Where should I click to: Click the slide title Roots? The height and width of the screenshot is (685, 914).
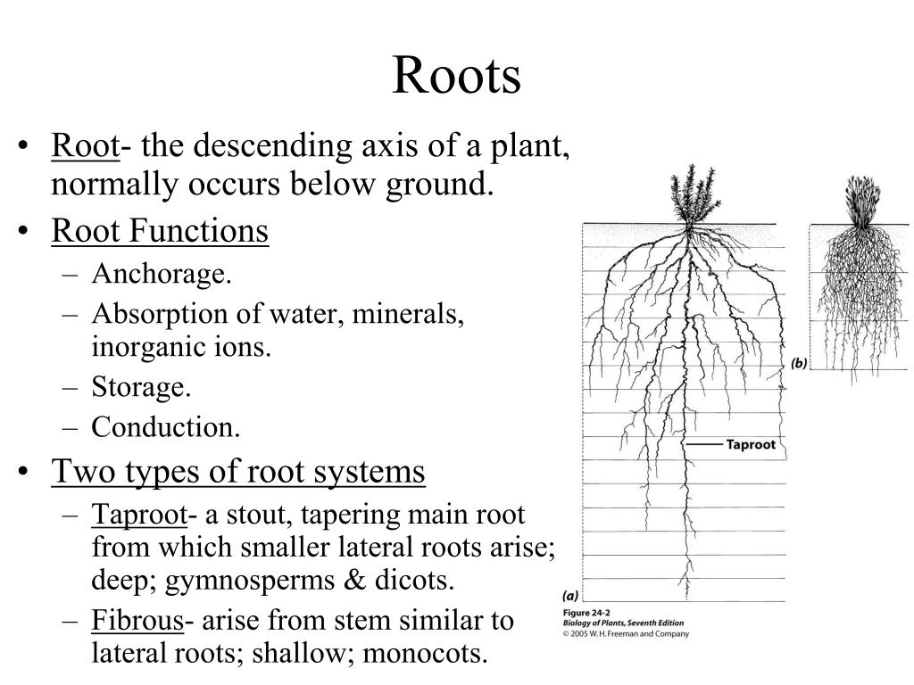pyautogui.click(x=456, y=75)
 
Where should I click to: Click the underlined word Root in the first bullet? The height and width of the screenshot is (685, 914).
pyautogui.click(x=85, y=145)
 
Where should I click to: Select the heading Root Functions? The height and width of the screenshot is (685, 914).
pyautogui.click(x=160, y=231)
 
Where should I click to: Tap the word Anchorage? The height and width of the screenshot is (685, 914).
pyautogui.click(x=162, y=274)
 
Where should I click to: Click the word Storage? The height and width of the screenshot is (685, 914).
pyautogui.click(x=141, y=387)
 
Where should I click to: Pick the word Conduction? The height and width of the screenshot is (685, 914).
pyautogui.click(x=165, y=427)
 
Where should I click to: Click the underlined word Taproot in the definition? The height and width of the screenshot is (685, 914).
pyautogui.click(x=139, y=516)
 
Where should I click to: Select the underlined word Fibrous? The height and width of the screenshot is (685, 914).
pyautogui.click(x=137, y=621)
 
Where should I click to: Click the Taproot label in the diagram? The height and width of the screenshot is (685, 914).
pyautogui.click(x=751, y=444)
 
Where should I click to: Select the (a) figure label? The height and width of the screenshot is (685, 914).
pyautogui.click(x=570, y=596)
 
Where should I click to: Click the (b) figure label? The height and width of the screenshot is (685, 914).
pyautogui.click(x=799, y=364)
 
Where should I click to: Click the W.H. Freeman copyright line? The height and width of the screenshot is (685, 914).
pyautogui.click(x=626, y=634)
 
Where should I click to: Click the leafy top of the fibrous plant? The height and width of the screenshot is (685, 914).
pyautogui.click(x=861, y=201)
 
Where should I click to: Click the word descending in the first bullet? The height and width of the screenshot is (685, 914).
pyautogui.click(x=273, y=145)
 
